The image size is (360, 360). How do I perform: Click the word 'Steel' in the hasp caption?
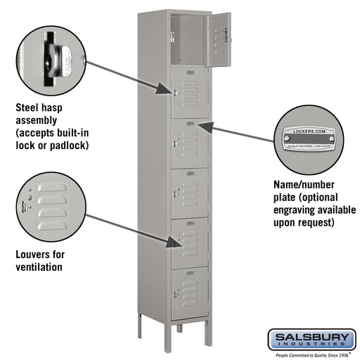[29, 109]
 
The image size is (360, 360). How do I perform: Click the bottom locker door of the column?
[189, 292]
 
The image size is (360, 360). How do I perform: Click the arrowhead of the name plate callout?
[200, 126]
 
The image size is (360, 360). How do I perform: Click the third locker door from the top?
[189, 144]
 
